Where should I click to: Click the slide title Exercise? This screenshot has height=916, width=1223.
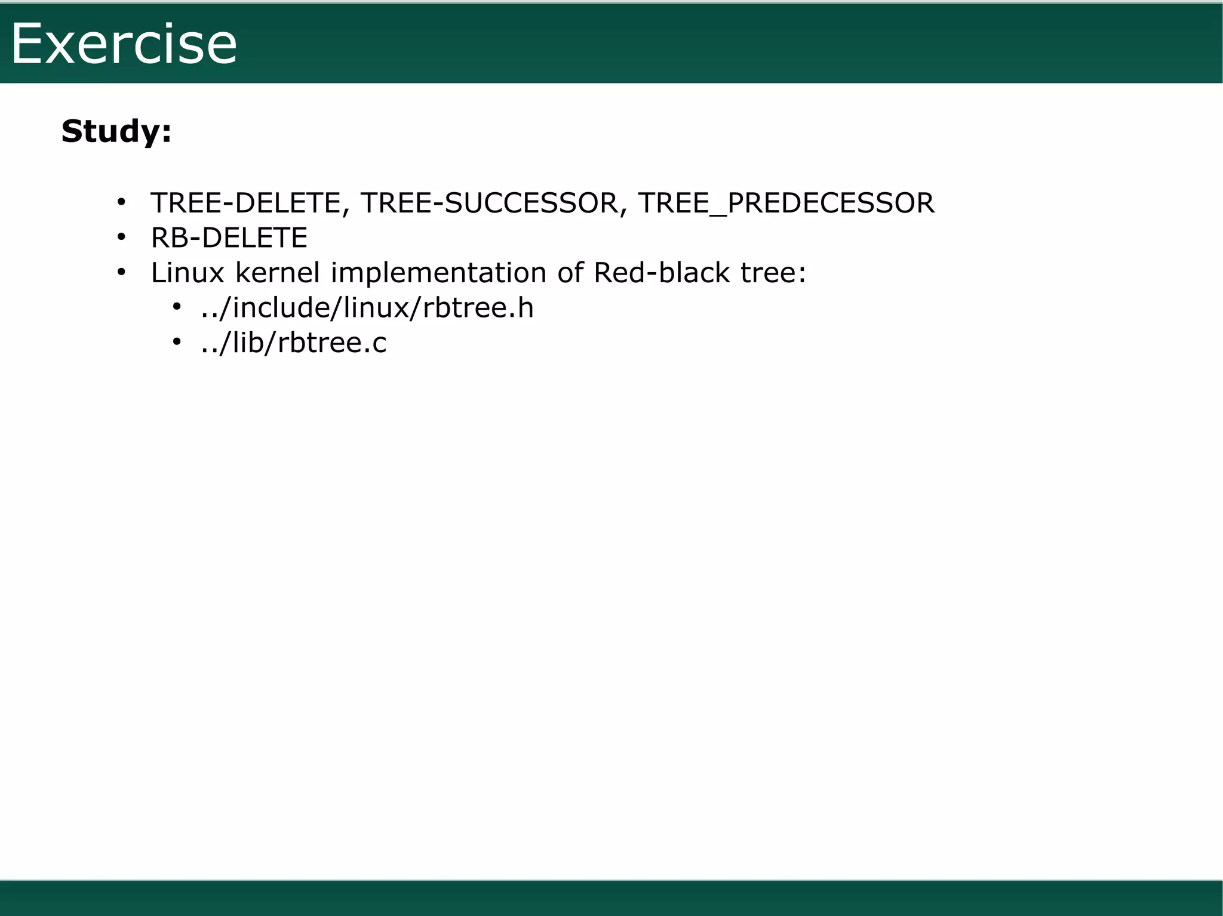[124, 44]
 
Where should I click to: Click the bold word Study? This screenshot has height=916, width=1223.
[116, 131]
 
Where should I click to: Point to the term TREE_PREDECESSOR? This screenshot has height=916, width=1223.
[786, 203]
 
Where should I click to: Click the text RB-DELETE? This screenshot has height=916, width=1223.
[229, 238]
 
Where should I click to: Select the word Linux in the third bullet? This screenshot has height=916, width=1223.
[188, 273]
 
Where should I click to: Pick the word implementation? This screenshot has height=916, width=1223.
[438, 273]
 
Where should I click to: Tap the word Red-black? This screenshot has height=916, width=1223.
[662, 273]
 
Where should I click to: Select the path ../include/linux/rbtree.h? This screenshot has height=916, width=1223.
[367, 309]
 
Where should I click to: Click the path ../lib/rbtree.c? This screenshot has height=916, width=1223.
[294, 343]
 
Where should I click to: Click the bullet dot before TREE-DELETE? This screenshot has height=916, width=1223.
[121, 203]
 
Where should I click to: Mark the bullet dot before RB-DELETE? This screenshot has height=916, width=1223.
[121, 238]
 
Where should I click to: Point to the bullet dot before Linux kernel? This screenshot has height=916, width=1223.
[121, 273]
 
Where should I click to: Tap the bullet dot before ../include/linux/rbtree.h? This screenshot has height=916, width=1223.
[176, 307]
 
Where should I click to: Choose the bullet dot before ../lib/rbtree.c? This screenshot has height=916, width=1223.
[176, 342]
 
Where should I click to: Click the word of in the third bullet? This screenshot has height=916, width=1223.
[570, 273]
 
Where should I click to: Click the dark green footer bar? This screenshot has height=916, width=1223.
[611, 898]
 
